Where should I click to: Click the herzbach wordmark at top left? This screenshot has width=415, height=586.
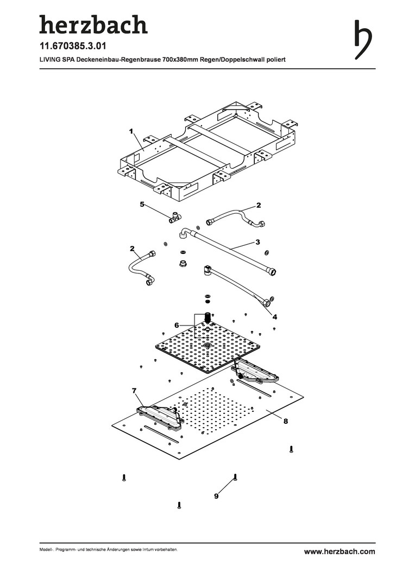pos(93,25)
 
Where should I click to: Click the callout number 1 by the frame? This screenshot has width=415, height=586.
pos(131,131)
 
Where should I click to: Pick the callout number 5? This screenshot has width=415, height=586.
pos(142,205)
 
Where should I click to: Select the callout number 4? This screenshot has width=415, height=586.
pos(275,317)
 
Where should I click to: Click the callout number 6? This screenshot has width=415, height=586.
pos(177,324)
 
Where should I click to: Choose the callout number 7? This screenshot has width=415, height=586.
pos(134,391)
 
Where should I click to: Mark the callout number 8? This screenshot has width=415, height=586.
pos(285,421)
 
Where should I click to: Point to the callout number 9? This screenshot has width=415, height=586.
pos(216,495)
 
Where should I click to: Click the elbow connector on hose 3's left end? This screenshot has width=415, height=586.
pos(184,233)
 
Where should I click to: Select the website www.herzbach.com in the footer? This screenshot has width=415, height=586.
pos(339,551)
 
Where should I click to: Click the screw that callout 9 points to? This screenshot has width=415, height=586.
pos(235,477)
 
